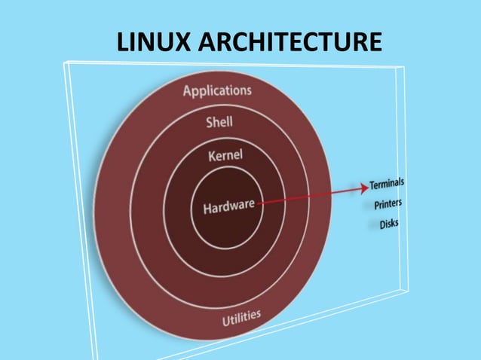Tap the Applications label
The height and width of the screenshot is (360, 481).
click(218, 91)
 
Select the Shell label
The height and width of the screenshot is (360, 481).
click(220, 122)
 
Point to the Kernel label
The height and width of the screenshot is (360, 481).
click(224, 157)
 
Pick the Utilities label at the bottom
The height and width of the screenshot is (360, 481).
click(241, 319)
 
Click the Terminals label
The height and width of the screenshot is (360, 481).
click(387, 183)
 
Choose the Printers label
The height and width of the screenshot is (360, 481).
click(388, 203)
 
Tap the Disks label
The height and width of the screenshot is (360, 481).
click(389, 224)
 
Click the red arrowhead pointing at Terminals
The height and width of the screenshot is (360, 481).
click(363, 186)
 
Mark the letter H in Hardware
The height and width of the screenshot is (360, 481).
click(207, 208)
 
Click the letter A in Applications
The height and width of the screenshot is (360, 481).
click(188, 93)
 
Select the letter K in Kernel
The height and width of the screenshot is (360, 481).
click(210, 158)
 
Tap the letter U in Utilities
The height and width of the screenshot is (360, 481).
click(225, 322)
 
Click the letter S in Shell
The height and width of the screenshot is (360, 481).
click(210, 123)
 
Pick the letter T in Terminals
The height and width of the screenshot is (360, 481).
click(372, 185)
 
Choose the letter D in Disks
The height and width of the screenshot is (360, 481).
click(381, 224)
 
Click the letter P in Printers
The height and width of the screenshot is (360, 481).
click(376, 205)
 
